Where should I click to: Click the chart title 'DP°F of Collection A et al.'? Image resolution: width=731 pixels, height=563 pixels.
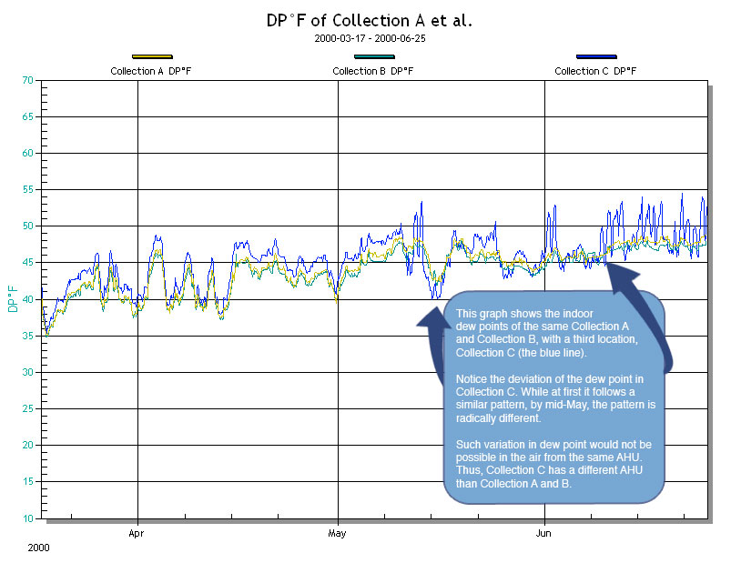pos(369,21)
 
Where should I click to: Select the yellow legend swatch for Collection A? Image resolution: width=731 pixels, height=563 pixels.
pos(151,57)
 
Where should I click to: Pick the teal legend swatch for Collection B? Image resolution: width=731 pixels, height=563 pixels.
pos(373,57)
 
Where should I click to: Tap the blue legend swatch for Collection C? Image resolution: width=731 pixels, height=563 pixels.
pos(595,57)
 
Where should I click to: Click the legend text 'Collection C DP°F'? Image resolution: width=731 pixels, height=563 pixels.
pos(595,71)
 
